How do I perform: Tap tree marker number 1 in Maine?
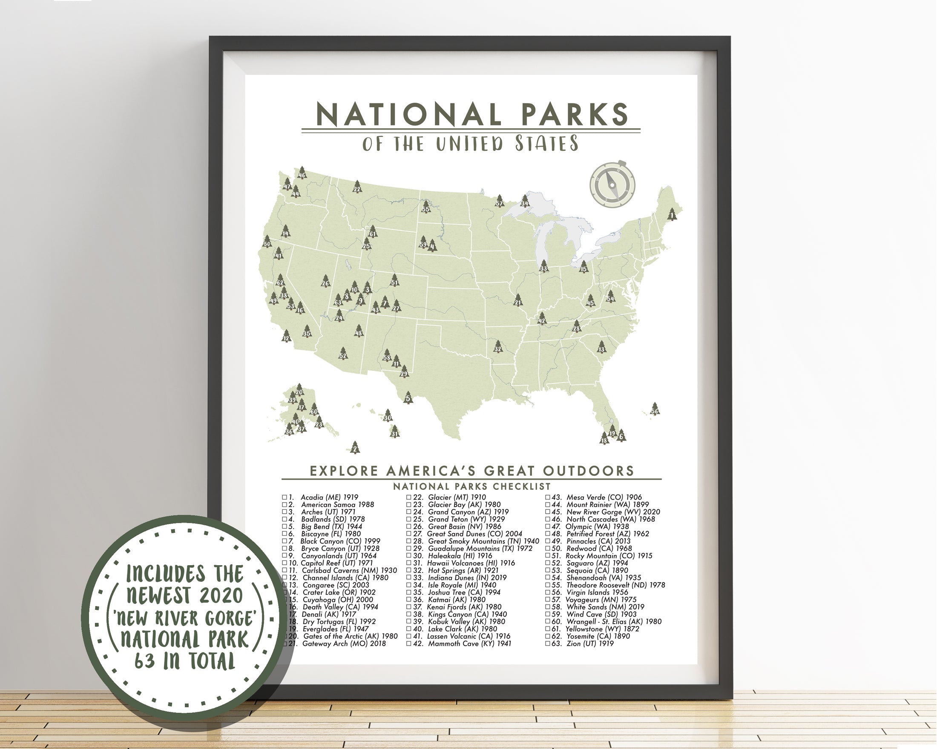point(673,214)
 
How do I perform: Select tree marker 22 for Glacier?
point(357,187)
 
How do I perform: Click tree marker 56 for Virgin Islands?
point(655,409)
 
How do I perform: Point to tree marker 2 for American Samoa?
point(355,448)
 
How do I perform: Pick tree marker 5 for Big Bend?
point(408,398)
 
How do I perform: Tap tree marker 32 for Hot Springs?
point(498,347)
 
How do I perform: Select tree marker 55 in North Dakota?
point(425,207)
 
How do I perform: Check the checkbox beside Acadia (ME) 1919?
point(285,497)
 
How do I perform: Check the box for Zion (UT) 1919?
point(548,643)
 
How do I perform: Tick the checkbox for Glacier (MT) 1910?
point(409,497)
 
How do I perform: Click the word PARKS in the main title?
point(575,114)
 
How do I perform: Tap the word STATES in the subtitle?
point(547,144)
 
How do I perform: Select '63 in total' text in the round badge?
point(184,661)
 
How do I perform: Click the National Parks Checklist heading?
point(471,486)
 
